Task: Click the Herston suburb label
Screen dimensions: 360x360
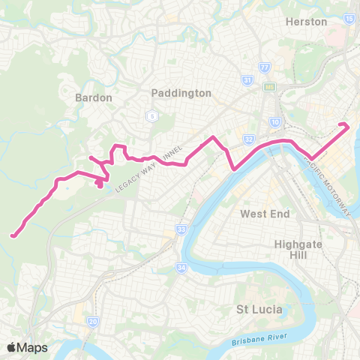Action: [307, 22]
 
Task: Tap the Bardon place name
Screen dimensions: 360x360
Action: [94, 97]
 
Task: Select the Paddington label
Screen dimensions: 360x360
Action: [181, 93]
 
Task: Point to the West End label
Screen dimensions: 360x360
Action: [265, 214]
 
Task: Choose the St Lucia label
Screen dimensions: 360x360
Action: [259, 308]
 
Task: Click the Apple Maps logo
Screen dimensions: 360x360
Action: [27, 347]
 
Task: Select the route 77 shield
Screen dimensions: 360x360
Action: [264, 67]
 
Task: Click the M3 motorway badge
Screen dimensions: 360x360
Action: [268, 87]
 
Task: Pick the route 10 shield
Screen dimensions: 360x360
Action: [275, 121]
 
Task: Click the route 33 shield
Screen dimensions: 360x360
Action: [181, 228]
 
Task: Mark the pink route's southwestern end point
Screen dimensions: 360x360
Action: [13, 236]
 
